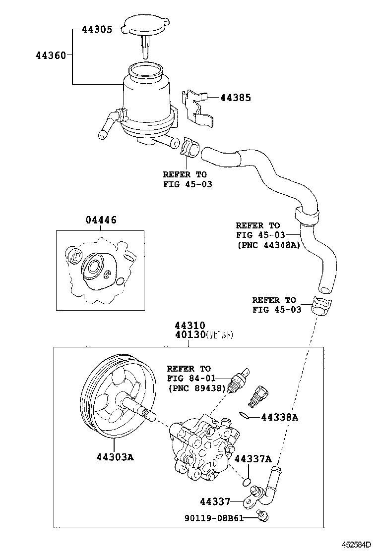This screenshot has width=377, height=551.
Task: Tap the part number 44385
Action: [236, 98]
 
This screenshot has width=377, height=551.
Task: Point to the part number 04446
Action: [101, 220]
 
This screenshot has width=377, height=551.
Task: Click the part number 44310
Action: [189, 326]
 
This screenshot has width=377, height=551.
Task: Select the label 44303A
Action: [115, 457]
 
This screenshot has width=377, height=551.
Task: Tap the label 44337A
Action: [253, 459]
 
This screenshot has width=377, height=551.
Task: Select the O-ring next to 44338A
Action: [244, 415]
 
